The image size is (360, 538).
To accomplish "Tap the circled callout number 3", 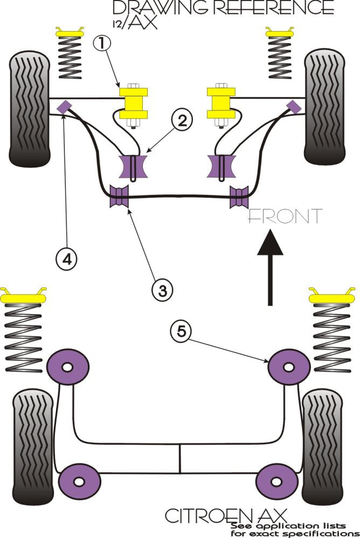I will [x=162, y=290].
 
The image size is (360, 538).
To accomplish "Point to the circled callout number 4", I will [x=66, y=259].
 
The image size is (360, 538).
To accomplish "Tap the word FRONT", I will [x=285, y=216].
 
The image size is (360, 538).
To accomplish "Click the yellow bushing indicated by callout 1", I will [x=134, y=102].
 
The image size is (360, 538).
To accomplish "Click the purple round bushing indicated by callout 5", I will [x=288, y=367].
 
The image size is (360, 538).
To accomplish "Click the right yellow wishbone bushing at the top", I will [x=222, y=102].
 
